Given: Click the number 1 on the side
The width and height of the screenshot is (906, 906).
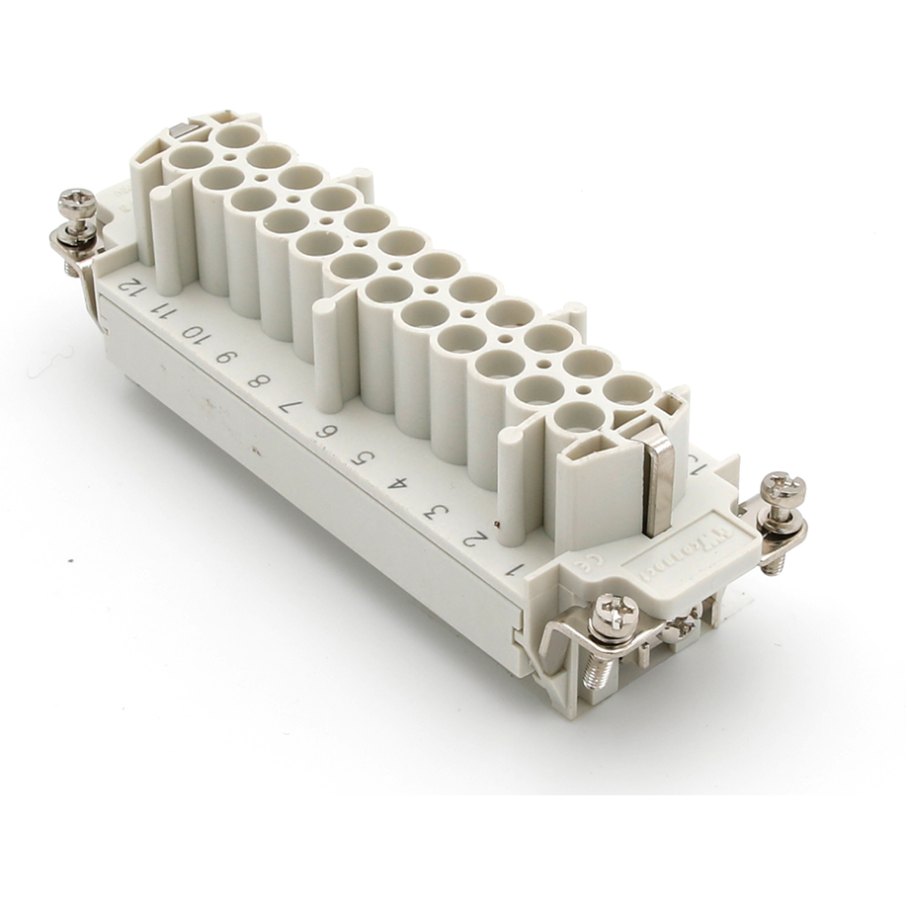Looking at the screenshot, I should pyautogui.click(x=513, y=570).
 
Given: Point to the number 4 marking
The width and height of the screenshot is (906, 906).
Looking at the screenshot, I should pyautogui.click(x=398, y=484).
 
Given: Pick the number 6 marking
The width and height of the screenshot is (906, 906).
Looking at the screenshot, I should pyautogui.click(x=325, y=431).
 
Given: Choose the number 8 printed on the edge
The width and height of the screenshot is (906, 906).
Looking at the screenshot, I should pyautogui.click(x=257, y=380).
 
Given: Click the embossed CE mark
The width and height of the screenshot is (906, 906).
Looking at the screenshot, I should pyautogui.click(x=584, y=567).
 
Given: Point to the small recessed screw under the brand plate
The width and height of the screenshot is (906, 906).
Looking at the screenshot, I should pyautogui.click(x=681, y=623).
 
